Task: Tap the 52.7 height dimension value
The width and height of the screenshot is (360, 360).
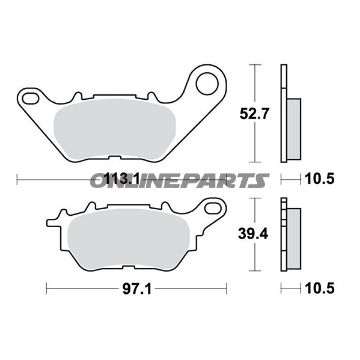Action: [254, 114]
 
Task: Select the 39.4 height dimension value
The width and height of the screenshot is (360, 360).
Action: [253, 234]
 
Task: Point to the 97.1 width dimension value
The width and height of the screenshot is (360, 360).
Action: [137, 289]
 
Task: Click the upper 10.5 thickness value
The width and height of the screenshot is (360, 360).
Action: [320, 180]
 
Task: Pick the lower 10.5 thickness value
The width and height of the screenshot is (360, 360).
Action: [320, 289]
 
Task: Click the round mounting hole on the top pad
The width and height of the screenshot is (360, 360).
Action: [207, 83]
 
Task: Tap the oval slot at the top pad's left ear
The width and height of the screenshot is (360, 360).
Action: [30, 97]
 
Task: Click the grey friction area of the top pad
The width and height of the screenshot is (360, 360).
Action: [115, 129]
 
